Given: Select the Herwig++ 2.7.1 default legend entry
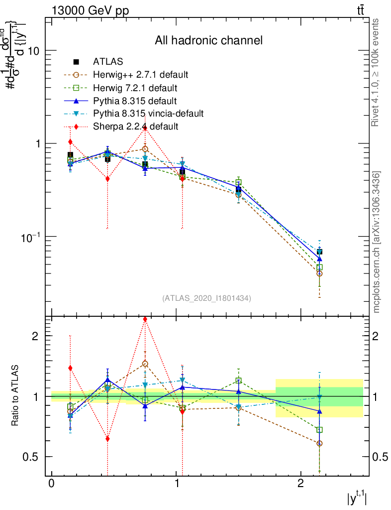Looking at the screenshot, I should pyautogui.click(x=140, y=75).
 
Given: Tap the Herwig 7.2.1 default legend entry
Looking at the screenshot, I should pyautogui.click(x=135, y=88).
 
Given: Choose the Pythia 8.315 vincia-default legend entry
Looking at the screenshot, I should pyautogui.click(x=148, y=114).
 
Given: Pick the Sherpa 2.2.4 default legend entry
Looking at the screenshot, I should pyautogui.click(x=135, y=127).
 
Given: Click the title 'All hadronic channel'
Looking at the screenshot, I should pyautogui.click(x=208, y=40).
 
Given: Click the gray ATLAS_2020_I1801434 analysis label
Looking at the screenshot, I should pyautogui.click(x=206, y=298).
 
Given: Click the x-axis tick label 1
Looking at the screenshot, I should pyautogui.click(x=177, y=484).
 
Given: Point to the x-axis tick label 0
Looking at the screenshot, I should pyautogui.click(x=52, y=484).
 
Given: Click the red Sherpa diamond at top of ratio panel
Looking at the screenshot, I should pyautogui.click(x=145, y=319).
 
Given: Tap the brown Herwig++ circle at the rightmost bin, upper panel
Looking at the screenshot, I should pyautogui.click(x=319, y=273).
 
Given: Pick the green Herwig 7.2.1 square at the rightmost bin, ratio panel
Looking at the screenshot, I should pyautogui.click(x=319, y=429).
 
